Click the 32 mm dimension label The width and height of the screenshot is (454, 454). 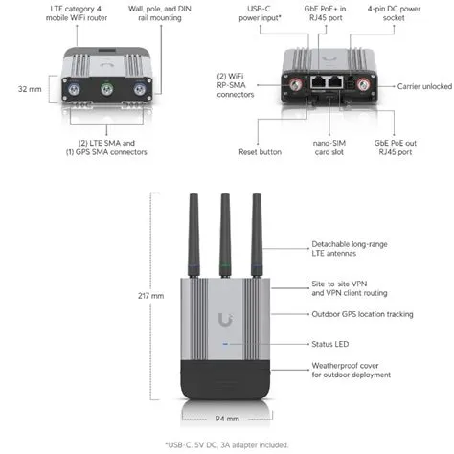click(28, 88)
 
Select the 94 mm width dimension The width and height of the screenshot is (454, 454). click(226, 418)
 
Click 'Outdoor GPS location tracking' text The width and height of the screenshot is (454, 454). click(362, 313)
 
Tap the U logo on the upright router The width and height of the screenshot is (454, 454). click(226, 319)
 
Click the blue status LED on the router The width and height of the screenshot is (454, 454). click(226, 344)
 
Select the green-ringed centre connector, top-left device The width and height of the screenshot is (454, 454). click(107, 89)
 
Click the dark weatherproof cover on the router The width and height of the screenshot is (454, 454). click(226, 381)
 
